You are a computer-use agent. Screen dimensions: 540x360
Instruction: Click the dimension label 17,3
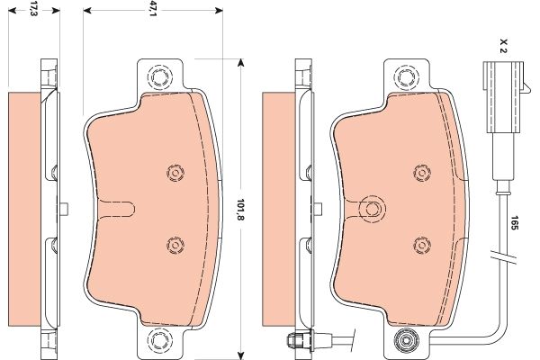[33, 9]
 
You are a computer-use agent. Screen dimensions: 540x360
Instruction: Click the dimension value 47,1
[153, 10]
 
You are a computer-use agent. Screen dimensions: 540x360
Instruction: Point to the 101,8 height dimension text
[240, 210]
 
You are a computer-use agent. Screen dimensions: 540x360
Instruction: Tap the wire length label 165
[514, 223]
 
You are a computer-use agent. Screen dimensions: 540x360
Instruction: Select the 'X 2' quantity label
[503, 46]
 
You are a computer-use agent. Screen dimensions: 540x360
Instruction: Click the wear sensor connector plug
[503, 97]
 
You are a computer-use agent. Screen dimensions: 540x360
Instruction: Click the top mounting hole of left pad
[159, 77]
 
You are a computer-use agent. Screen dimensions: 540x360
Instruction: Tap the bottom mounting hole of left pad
[159, 340]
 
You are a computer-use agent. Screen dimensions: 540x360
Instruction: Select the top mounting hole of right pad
[407, 77]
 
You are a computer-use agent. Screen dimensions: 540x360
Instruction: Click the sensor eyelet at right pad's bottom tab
[407, 340]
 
